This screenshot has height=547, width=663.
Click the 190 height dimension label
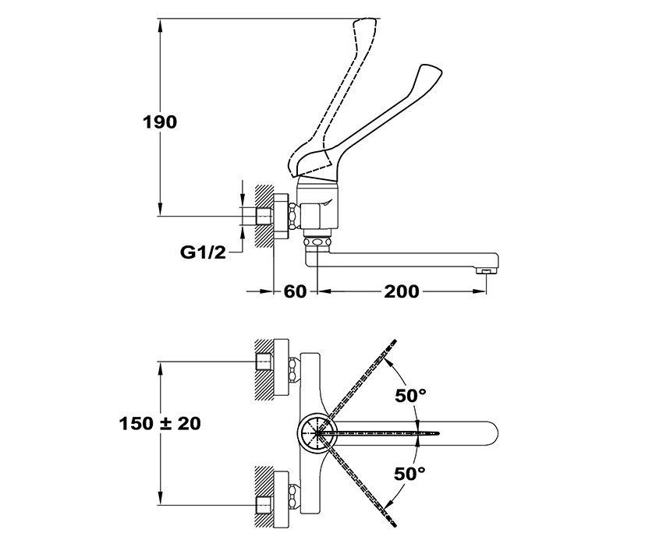click(160, 122)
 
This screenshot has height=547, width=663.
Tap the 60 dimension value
click(294, 291)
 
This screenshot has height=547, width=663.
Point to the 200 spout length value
click(401, 291)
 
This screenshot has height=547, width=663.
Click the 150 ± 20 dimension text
click(160, 423)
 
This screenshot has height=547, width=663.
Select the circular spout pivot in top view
click(317, 432)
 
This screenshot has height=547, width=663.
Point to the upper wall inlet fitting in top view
click(265, 363)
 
